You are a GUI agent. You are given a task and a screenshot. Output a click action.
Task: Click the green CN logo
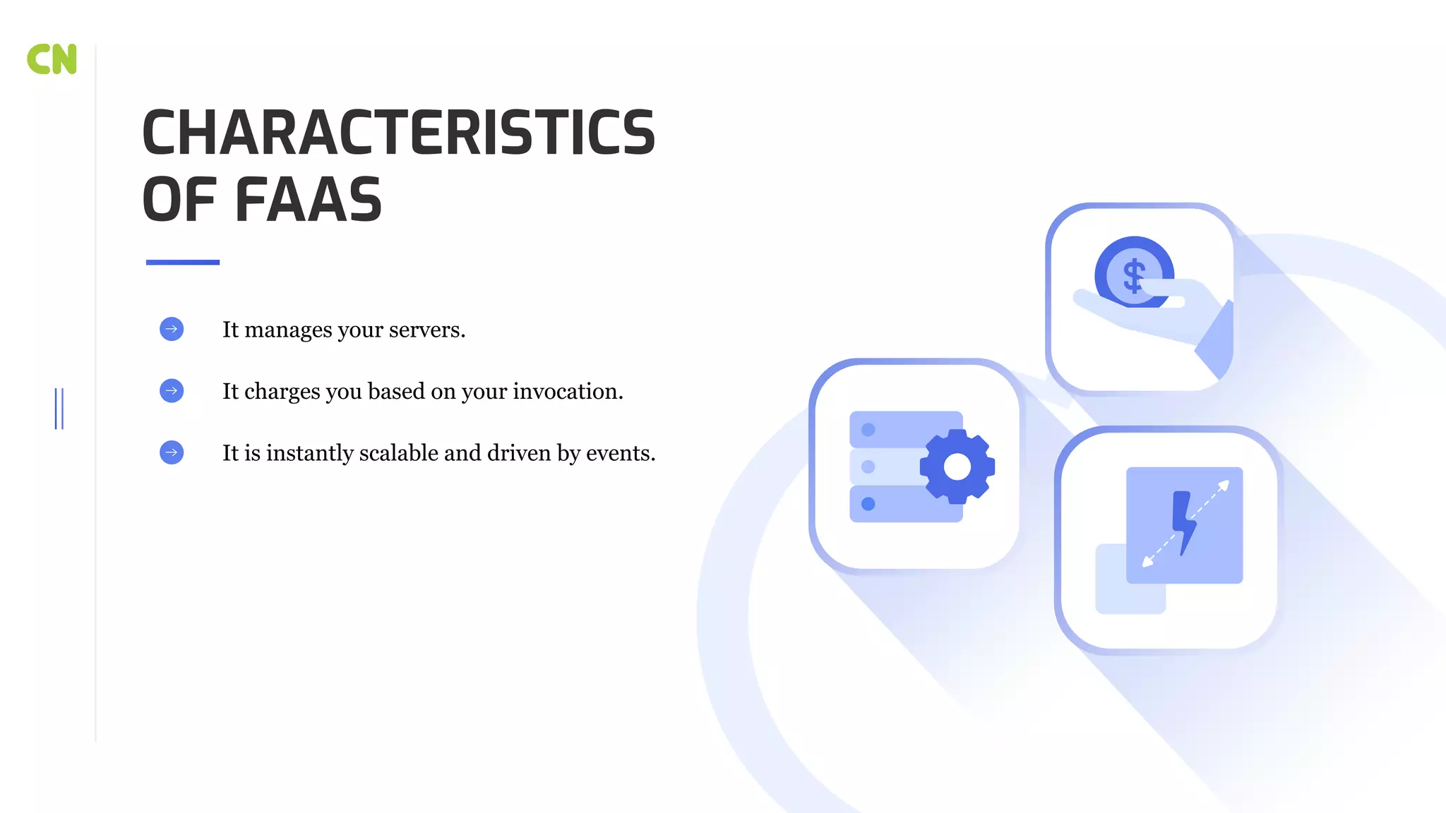tap(52, 59)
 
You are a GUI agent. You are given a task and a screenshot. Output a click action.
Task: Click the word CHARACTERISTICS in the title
tap(398, 133)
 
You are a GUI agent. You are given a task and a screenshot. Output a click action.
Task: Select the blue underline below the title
tap(182, 263)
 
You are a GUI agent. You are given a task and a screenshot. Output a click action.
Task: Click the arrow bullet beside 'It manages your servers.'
tap(172, 329)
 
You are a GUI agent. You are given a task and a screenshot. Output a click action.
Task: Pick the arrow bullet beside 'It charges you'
tap(172, 391)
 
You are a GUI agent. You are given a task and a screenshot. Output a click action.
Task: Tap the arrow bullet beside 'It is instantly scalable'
tap(172, 452)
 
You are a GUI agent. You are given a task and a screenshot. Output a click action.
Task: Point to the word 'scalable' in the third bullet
tap(398, 452)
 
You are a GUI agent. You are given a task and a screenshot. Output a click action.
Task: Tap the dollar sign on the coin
tap(1134, 275)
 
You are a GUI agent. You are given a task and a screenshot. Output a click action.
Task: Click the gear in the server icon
tap(957, 466)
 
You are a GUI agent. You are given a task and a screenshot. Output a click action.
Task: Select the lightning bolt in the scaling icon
tap(1183, 522)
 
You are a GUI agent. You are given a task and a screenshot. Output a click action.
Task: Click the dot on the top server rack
tap(868, 430)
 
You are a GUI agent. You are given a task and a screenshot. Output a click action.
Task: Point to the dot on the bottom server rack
tap(868, 504)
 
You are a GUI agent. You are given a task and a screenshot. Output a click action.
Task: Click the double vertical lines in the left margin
tap(59, 409)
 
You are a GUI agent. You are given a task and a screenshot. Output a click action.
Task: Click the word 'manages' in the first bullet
tap(288, 330)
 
